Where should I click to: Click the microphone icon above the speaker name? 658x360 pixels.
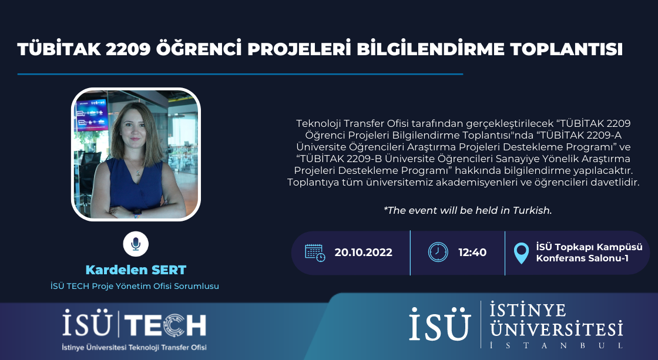pos(136,244)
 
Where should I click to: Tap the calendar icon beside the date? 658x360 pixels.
pos(315,253)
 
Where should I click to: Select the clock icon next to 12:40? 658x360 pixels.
pos(438,252)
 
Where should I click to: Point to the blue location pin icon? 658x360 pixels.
pos(521,253)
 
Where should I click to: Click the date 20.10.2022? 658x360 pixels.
pos(364,253)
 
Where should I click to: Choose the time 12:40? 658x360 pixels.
pos(472,253)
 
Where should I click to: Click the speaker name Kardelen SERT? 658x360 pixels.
pos(136,270)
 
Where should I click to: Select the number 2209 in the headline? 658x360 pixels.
pos(128,49)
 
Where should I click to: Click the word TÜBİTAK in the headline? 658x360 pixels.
pos(59,49)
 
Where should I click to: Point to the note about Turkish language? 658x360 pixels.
pos(468,210)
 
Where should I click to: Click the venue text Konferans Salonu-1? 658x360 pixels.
pos(582,258)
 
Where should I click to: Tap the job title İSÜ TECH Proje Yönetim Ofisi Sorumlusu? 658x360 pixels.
pos(135,286)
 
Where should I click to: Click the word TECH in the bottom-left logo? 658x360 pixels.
pos(165,325)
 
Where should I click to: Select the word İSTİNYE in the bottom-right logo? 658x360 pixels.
pos(528,311)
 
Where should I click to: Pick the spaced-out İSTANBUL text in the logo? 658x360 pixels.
pos(556,345)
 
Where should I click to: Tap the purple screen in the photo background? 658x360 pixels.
pos(92,114)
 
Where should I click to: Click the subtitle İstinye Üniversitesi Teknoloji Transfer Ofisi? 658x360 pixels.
pos(134,348)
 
